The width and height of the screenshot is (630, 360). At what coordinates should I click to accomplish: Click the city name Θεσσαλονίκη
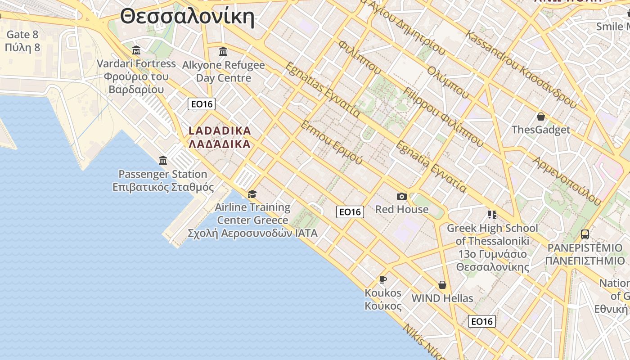click(187, 17)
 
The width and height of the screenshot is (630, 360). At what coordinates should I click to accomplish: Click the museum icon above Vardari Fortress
click(136, 50)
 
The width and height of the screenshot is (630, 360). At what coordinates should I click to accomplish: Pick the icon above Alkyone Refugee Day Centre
click(223, 51)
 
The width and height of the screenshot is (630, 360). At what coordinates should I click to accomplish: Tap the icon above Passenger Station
click(163, 160)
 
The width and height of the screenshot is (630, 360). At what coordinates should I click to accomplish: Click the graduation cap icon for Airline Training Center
click(252, 194)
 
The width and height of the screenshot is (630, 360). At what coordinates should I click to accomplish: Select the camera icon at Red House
click(401, 196)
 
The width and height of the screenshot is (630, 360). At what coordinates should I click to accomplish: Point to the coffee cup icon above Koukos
click(382, 279)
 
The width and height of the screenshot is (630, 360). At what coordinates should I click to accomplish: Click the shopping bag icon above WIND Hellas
click(442, 285)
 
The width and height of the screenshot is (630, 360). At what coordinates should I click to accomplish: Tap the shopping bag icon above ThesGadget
click(541, 117)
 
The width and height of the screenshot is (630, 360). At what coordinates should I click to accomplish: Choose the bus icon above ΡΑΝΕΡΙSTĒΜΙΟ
click(585, 234)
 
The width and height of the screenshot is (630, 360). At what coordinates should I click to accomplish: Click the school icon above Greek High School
click(492, 215)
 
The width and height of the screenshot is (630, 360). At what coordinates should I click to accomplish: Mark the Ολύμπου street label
click(448, 83)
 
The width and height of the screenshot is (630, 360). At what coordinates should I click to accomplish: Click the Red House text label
click(402, 209)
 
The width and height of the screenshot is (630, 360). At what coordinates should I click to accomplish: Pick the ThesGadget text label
click(541, 130)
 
